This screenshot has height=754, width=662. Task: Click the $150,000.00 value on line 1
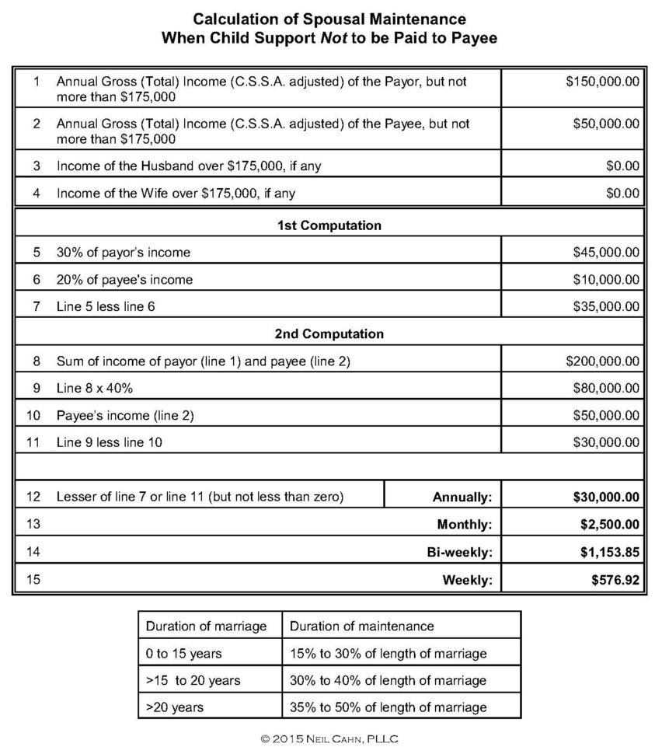point(602,82)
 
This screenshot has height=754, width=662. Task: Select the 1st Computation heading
point(329,225)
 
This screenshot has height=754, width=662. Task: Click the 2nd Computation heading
point(329,334)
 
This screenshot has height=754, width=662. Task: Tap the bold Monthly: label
point(465,525)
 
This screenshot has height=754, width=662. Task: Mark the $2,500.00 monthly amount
point(609,525)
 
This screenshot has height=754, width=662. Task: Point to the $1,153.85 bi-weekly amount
point(609,552)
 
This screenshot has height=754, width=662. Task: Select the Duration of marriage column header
point(206,626)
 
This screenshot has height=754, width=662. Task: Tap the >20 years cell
point(174,707)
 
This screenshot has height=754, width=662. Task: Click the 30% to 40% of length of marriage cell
point(388,680)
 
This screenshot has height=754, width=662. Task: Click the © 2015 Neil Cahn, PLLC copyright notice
point(329,738)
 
